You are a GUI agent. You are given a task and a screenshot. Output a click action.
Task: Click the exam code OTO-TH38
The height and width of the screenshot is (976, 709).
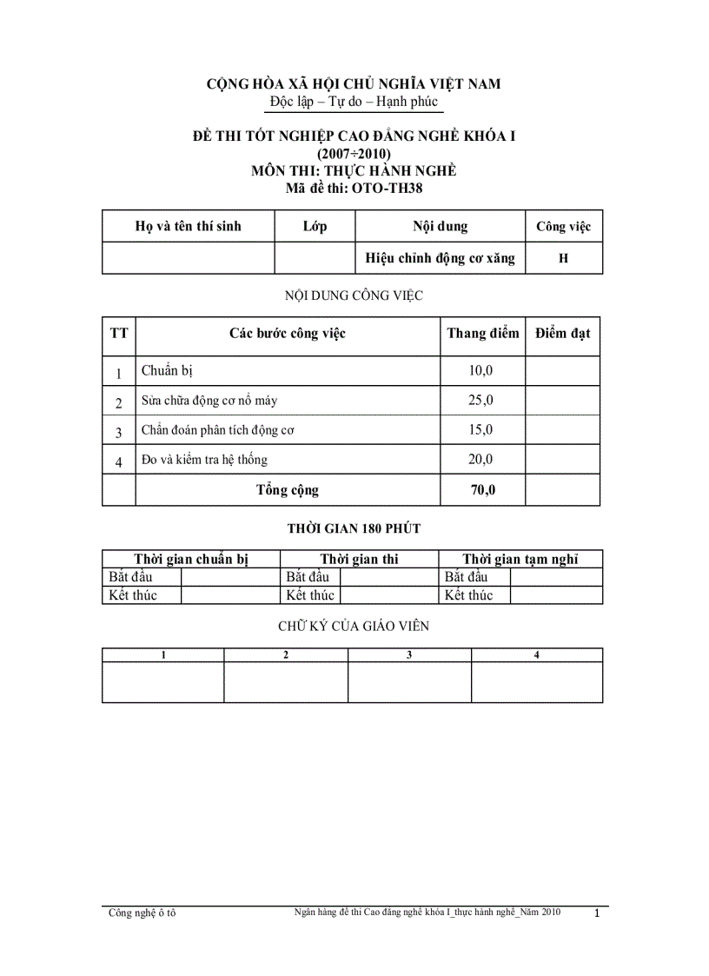pyautogui.click(x=390, y=187)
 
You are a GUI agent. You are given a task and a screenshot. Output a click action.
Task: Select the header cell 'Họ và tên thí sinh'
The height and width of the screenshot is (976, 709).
pyautogui.click(x=188, y=227)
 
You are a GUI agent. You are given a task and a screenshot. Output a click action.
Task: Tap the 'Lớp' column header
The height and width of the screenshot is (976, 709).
pyautogui.click(x=315, y=227)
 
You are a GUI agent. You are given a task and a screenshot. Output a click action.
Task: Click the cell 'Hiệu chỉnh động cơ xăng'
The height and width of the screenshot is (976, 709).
pyautogui.click(x=440, y=258)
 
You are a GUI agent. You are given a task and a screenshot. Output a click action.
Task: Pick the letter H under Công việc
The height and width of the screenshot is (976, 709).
pyautogui.click(x=563, y=258)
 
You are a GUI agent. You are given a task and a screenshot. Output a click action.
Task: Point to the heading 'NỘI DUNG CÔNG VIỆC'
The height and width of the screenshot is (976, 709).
pyautogui.click(x=354, y=295)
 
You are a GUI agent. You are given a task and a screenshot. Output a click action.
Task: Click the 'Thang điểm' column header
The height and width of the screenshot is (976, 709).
pyautogui.click(x=482, y=333)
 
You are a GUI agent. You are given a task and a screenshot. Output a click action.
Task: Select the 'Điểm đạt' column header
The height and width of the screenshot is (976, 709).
pyautogui.click(x=562, y=333)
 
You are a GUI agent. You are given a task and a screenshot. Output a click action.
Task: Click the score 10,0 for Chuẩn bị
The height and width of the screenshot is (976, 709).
pyautogui.click(x=480, y=371)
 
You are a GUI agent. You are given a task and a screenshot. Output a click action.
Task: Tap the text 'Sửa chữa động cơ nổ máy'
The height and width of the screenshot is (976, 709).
pyautogui.click(x=209, y=401)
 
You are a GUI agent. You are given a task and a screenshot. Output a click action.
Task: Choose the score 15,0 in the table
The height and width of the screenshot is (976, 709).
pyautogui.click(x=480, y=429)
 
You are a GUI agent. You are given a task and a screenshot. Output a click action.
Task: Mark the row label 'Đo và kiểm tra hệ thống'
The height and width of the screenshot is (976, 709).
pyautogui.click(x=204, y=459)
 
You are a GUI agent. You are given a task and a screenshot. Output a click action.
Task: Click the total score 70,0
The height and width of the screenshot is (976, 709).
pyautogui.click(x=483, y=490)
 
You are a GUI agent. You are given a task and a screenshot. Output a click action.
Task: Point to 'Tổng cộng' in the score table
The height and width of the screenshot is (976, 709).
pyautogui.click(x=287, y=490)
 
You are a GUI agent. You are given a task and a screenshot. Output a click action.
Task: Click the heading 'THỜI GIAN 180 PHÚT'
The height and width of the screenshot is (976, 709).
pyautogui.click(x=354, y=528)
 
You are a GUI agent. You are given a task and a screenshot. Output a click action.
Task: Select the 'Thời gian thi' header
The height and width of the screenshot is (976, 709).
pyautogui.click(x=359, y=559)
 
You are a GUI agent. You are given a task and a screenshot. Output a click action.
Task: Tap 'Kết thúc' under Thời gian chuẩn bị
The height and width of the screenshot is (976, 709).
pyautogui.click(x=132, y=595)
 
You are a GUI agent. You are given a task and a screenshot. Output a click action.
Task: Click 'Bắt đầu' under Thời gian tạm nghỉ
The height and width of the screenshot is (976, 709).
pyautogui.click(x=466, y=577)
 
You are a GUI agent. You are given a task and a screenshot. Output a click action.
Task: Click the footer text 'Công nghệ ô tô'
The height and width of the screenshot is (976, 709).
pyautogui.click(x=142, y=913)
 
